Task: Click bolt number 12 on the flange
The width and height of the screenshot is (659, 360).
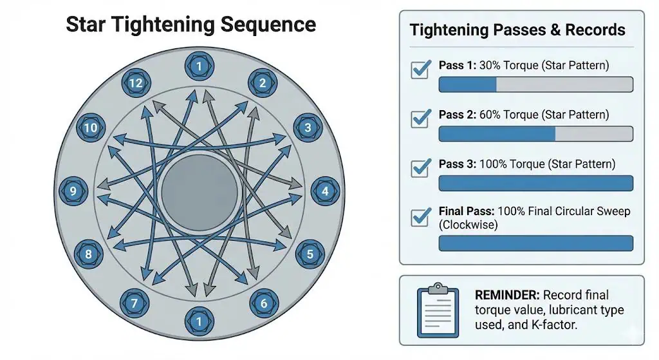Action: (x=135, y=83)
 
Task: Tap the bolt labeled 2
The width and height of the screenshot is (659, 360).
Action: (x=262, y=83)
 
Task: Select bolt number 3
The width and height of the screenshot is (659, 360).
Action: (x=308, y=128)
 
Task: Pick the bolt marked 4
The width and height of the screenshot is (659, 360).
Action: (x=325, y=191)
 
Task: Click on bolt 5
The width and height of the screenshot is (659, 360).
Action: (x=310, y=254)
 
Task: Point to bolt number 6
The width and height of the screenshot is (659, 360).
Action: (x=263, y=301)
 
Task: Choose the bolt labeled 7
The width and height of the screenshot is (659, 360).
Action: (x=135, y=301)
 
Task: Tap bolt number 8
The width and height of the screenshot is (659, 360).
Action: (x=89, y=254)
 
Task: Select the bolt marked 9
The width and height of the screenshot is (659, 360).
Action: (x=73, y=191)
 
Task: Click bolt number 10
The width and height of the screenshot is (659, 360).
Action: (x=90, y=128)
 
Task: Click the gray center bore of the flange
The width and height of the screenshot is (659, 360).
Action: (x=199, y=191)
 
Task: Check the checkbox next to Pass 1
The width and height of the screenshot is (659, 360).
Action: (x=421, y=69)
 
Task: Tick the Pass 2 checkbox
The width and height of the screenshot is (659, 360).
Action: (x=421, y=118)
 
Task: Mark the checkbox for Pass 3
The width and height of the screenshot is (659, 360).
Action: (x=421, y=167)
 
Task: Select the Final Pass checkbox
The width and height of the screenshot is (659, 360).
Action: (x=421, y=216)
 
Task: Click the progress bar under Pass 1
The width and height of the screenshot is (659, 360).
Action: (x=535, y=84)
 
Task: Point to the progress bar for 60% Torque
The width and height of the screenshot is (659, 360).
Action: (x=535, y=133)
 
